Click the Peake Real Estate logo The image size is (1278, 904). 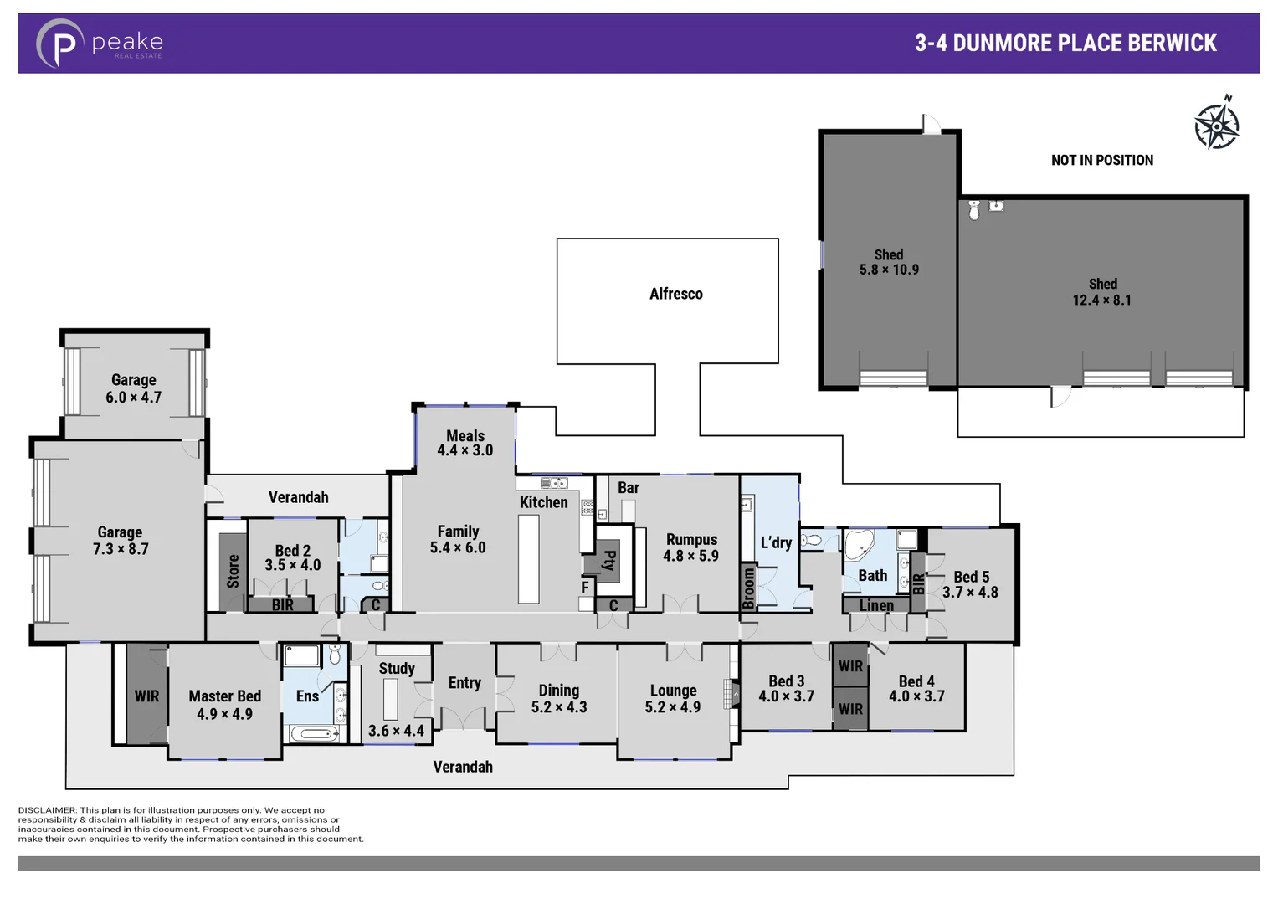tap(99, 43)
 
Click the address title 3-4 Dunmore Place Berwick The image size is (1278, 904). tap(1065, 44)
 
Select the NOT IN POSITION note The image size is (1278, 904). tap(1101, 160)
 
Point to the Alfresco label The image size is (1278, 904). tap(675, 294)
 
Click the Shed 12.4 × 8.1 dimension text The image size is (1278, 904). tap(1101, 300)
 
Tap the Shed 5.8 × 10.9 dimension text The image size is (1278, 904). tap(889, 270)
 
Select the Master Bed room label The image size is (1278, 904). tap(224, 696)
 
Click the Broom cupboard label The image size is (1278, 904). tap(748, 588)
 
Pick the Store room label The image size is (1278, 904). tap(234, 571)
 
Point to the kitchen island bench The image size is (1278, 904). tap(528, 558)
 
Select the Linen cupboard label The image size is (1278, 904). tap(876, 605)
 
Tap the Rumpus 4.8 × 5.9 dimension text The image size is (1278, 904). tap(690, 556)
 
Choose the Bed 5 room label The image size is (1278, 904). tap(971, 577)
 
